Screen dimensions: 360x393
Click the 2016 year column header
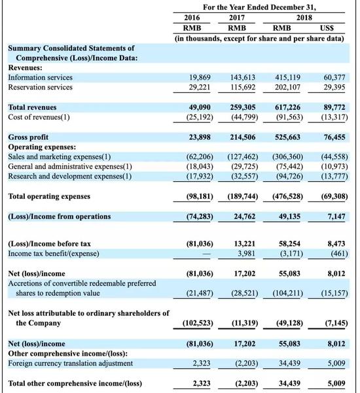click(x=192, y=18)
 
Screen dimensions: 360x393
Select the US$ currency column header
click(x=327, y=28)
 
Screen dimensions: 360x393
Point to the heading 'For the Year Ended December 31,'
click(x=259, y=7)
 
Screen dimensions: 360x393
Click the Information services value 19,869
click(x=200, y=77)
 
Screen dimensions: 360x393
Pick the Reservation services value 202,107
click(x=287, y=87)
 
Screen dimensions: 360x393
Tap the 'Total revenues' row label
click(x=32, y=107)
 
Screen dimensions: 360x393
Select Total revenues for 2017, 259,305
click(x=243, y=107)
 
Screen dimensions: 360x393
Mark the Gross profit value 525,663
click(x=287, y=137)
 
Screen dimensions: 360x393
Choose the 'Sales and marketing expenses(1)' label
click(x=60, y=157)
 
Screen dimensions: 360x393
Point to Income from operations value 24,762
click(x=244, y=216)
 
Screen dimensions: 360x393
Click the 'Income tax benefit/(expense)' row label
click(x=54, y=254)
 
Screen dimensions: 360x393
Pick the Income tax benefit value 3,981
click(x=246, y=254)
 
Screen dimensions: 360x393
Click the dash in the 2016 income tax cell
click(x=206, y=254)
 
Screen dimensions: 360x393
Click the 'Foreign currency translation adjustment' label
click(x=71, y=363)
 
